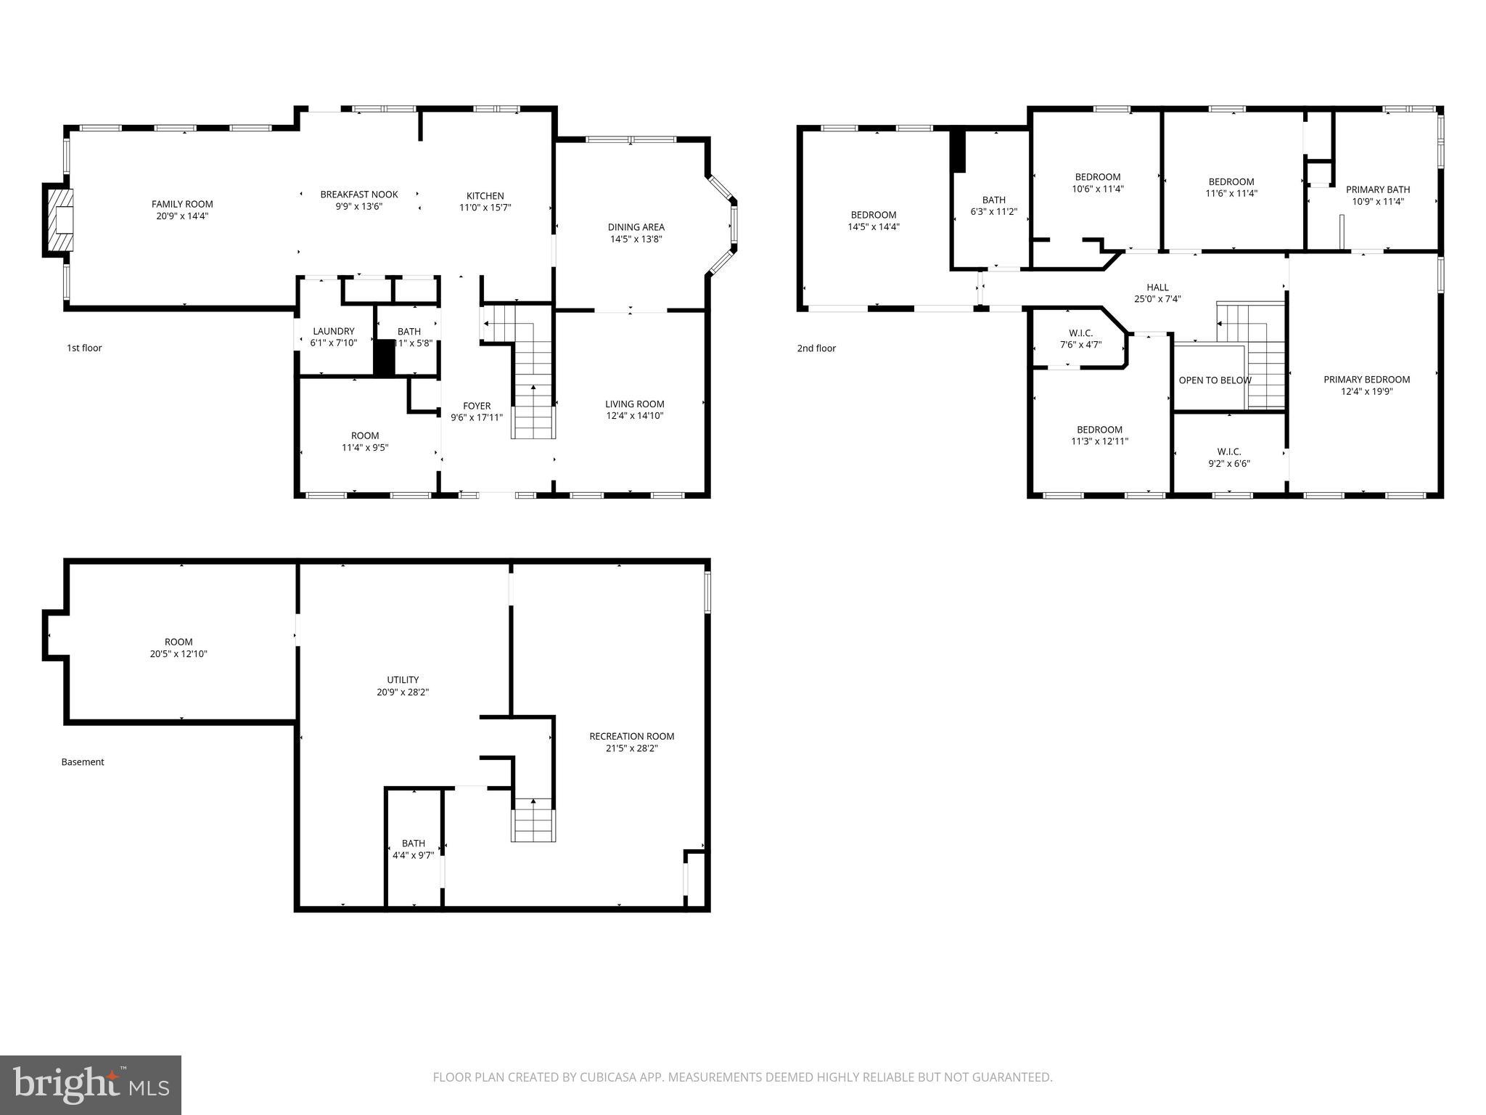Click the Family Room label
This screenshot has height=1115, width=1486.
[182, 204]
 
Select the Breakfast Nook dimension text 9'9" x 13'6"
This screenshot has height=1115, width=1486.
[358, 206]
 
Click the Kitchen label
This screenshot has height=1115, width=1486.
[485, 196]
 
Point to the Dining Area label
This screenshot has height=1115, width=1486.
[636, 227]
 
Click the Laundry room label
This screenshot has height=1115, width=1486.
[333, 331]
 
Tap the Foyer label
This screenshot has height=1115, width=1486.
[477, 406]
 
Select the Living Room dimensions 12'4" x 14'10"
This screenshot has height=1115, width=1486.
[635, 416]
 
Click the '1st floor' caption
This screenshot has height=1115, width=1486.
[84, 348]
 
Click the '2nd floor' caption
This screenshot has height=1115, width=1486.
[816, 348]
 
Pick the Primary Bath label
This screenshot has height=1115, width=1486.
[1377, 189]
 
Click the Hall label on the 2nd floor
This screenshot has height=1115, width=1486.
[1157, 287]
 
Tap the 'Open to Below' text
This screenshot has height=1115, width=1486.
[1215, 380]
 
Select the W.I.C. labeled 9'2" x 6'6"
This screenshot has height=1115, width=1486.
[1228, 457]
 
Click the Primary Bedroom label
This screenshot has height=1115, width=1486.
[1366, 380]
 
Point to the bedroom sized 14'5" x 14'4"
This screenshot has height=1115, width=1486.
[873, 221]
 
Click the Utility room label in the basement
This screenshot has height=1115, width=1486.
[403, 680]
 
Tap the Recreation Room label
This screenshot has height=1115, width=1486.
[631, 736]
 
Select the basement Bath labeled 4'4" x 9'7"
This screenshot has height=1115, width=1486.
[413, 849]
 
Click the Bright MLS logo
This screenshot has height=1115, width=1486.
[91, 1084]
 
